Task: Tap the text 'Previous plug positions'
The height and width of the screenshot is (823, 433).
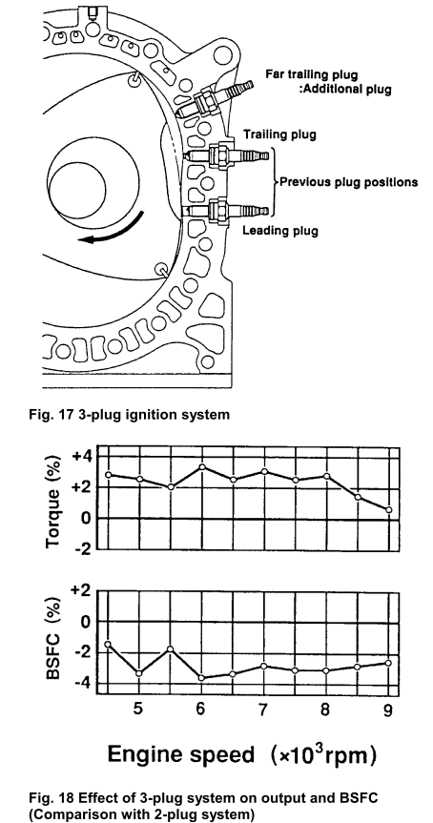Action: [x=348, y=182]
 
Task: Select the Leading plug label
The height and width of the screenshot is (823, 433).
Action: [x=279, y=231]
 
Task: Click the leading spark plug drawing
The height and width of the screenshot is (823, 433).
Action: [x=226, y=211]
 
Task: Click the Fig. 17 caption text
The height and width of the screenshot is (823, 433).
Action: [x=129, y=415]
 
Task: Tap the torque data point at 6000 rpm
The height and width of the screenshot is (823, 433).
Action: [x=202, y=466]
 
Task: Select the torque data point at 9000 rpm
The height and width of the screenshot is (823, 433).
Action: [x=389, y=509]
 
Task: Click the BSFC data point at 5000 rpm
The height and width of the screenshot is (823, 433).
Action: [x=139, y=673]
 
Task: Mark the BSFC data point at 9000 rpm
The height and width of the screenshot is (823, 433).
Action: [x=389, y=663]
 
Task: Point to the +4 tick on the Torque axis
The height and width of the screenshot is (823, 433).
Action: [x=82, y=456]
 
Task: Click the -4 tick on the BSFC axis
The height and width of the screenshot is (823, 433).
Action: [x=82, y=682]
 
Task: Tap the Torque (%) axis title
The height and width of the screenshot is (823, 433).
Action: [x=53, y=502]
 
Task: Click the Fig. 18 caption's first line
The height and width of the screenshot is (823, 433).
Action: [x=203, y=798]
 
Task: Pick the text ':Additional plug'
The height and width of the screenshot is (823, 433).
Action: [x=349, y=89]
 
